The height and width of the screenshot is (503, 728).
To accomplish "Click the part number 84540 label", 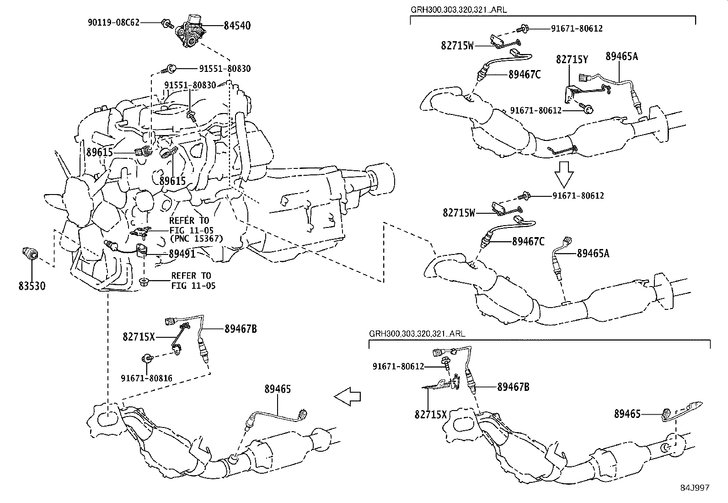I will click(237, 26).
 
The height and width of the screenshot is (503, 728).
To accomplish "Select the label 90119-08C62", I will click(113, 22).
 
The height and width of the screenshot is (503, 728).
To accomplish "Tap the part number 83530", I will click(32, 286).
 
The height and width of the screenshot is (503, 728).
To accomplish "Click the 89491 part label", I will click(182, 254).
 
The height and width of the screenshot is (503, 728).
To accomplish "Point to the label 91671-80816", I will click(147, 378).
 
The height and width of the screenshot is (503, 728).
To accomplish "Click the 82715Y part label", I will click(572, 59).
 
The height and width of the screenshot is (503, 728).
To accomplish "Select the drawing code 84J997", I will click(694, 488).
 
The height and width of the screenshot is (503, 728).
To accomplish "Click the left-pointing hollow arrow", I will click(348, 397).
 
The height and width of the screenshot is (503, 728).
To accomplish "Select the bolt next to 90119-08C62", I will click(167, 22).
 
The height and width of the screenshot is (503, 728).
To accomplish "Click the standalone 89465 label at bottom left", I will click(277, 389).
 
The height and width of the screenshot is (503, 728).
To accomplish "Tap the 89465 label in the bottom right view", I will click(627, 414).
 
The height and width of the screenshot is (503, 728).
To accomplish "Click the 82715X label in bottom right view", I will click(431, 415).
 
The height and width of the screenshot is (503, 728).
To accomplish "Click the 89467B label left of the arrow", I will click(241, 329).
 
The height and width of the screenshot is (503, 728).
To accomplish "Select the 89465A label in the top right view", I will click(622, 56).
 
